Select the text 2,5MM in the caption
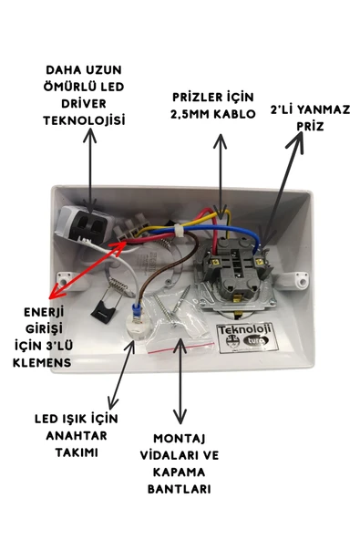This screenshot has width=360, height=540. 196,115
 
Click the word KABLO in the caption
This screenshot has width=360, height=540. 242,115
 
